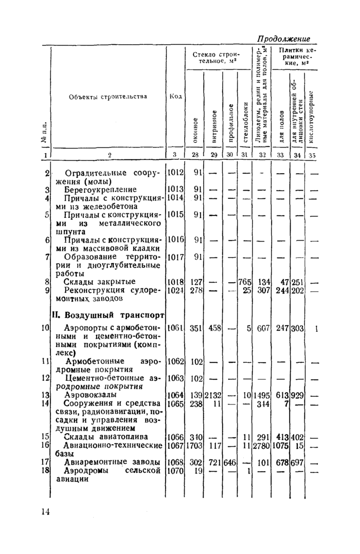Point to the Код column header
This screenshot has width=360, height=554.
(x=175, y=97)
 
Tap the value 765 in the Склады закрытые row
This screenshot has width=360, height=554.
(x=244, y=282)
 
